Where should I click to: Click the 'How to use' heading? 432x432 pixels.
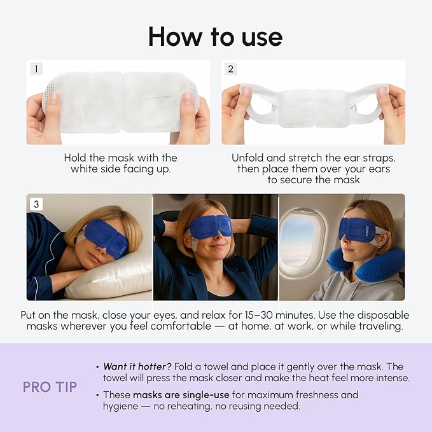point(216,36)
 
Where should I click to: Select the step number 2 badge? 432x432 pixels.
point(230,69)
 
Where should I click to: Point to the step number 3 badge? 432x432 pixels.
point(36,204)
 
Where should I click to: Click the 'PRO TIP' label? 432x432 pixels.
point(50,387)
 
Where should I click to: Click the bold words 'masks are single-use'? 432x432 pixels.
point(181,394)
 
